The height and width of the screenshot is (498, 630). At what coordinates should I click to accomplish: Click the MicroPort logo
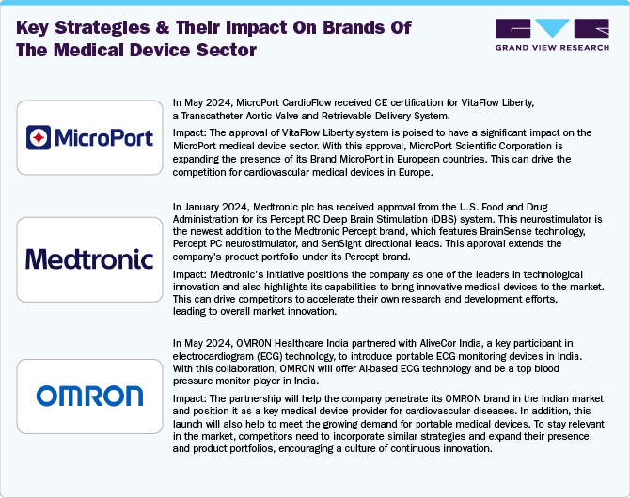(90, 139)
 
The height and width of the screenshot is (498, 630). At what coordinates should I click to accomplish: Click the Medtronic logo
(90, 258)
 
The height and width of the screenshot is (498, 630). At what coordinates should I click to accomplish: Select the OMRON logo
(90, 396)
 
